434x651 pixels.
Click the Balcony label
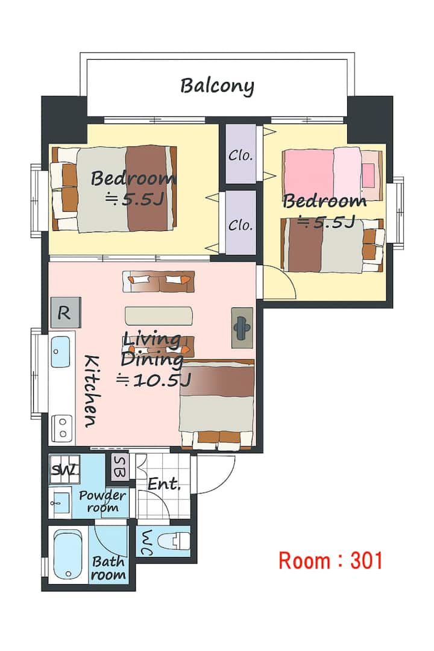click(217, 86)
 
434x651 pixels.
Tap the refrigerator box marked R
click(66, 312)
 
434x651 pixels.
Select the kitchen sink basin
click(60, 351)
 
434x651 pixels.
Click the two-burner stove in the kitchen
click(62, 427)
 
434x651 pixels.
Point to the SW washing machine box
click(64, 470)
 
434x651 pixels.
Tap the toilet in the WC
click(174, 541)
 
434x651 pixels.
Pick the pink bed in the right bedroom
click(332, 173)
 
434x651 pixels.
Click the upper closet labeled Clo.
click(241, 154)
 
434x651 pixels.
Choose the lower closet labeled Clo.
click(241, 223)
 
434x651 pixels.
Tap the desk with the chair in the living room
click(242, 327)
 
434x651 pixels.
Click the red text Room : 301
click(330, 561)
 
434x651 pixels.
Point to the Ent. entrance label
click(163, 484)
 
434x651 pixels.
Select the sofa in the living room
click(159, 281)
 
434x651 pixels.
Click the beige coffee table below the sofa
click(159, 315)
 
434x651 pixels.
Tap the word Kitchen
click(92, 391)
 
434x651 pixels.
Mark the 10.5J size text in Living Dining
click(153, 380)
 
